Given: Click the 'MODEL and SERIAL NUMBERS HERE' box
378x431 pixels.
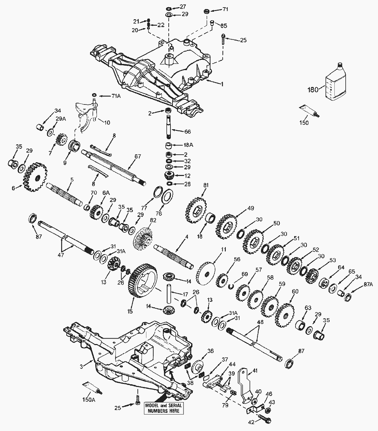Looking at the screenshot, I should point(164,408).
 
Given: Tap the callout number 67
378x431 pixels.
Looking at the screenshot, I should point(137,156).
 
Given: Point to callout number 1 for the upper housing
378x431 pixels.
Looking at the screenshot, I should point(222,84).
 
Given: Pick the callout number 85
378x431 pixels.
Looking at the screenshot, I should point(223,25).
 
